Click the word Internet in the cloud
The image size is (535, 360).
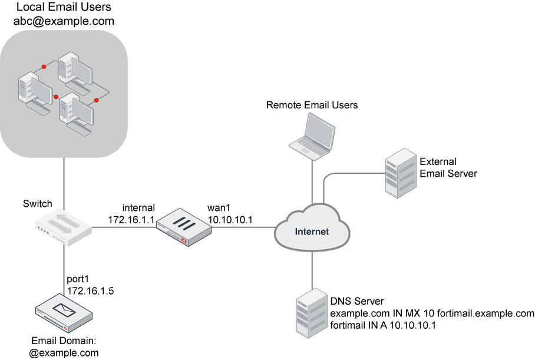(x=312, y=232)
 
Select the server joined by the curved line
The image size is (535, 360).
(x=401, y=173)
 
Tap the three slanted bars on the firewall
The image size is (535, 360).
(x=183, y=224)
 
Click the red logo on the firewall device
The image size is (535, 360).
(x=185, y=240)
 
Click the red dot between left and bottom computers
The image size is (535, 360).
(x=57, y=97)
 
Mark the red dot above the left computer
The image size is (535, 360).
(x=44, y=67)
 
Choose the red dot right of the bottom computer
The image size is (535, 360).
(x=97, y=100)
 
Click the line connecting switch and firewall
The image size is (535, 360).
(x=124, y=227)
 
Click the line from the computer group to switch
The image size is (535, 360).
(x=64, y=183)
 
